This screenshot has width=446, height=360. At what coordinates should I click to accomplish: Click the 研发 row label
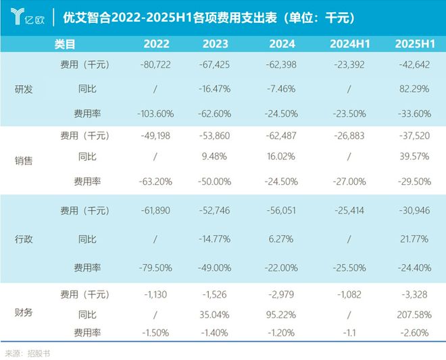tap(24, 89)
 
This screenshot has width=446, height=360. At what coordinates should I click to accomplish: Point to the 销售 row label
tap(24, 161)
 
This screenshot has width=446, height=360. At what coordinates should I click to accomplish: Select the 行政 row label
tap(24, 239)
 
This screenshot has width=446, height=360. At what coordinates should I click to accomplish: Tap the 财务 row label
tap(24, 313)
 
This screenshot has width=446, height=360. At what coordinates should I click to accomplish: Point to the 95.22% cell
tap(280, 315)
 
